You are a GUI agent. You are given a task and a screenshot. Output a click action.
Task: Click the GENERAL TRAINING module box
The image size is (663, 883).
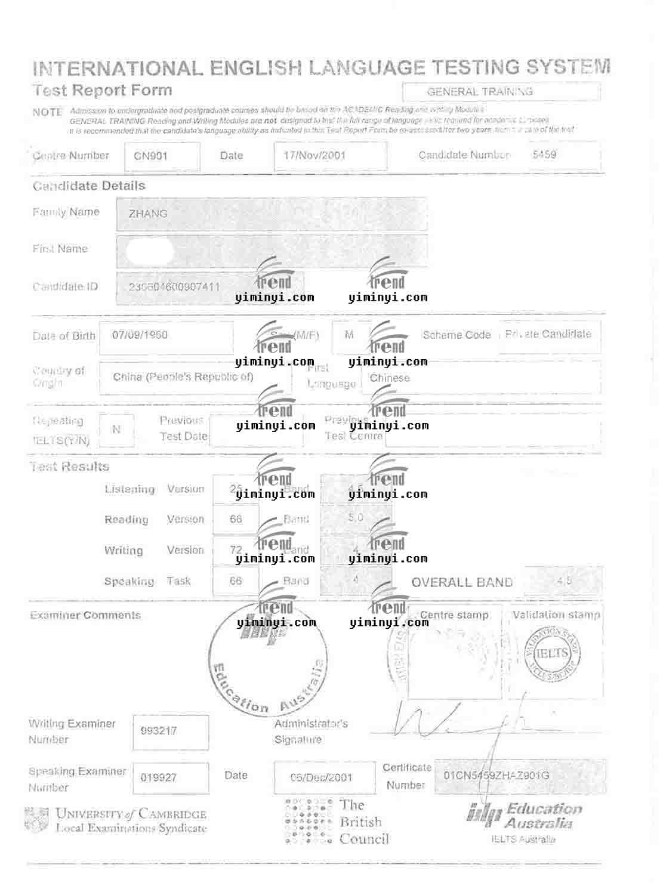[x=501, y=92]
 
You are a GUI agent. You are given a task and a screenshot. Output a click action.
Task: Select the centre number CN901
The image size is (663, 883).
[x=150, y=156]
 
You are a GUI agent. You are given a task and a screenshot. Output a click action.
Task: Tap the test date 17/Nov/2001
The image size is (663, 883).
[x=314, y=155]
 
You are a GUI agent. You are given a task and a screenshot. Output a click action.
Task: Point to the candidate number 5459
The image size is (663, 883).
[x=544, y=155]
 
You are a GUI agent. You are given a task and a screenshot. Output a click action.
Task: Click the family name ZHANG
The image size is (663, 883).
[x=148, y=214]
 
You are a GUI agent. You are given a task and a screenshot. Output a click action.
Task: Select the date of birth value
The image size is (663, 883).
[x=140, y=335]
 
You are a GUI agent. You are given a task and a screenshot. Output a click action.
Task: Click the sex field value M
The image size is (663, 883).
[x=349, y=335]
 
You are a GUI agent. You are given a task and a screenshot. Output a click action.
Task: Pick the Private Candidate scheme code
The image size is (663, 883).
[x=548, y=334]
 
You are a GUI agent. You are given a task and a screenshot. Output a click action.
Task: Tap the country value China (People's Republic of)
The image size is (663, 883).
[x=183, y=377]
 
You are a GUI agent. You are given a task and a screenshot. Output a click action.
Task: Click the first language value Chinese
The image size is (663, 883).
[x=390, y=378]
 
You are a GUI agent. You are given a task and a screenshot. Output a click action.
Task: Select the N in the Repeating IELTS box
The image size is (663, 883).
[x=116, y=429]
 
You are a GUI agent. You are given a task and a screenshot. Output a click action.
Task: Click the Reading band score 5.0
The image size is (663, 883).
[x=356, y=517]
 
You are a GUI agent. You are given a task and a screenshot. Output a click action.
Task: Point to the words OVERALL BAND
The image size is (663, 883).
[x=462, y=582]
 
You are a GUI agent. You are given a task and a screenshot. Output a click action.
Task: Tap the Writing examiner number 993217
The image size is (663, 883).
[x=159, y=731]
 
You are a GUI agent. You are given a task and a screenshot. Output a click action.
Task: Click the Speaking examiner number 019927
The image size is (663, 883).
[x=159, y=777]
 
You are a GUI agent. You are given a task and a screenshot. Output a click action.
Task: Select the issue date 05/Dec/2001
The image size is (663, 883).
[x=322, y=777]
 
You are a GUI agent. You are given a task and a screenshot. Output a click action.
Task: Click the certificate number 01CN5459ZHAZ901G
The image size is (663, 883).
[x=497, y=775]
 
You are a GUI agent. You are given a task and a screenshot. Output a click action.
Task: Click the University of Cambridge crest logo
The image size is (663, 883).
[x=36, y=820]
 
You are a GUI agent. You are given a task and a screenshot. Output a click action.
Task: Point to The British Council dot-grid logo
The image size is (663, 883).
[x=308, y=822]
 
